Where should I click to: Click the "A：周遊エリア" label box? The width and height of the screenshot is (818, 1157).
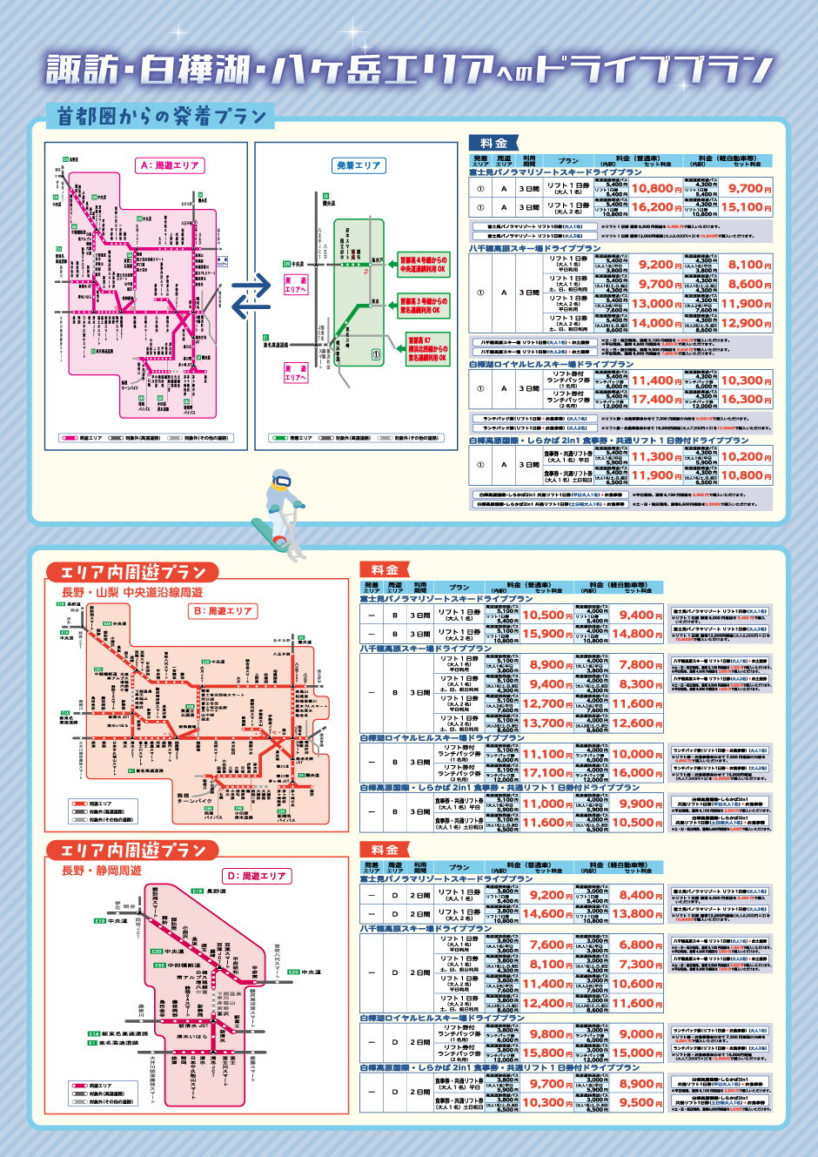pos(170,165)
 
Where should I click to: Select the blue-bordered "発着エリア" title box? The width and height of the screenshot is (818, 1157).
pos(359,165)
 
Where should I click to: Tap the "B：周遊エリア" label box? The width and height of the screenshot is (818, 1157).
pos(223,611)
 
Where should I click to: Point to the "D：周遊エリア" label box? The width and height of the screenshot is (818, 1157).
pos(257,876)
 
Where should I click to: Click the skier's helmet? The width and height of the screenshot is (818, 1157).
pos(281,481)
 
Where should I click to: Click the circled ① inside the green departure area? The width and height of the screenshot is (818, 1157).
pos(376,354)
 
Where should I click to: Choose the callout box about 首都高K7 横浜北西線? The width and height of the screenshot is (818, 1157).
pos(427,348)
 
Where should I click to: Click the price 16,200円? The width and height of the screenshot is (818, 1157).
pos(656,207)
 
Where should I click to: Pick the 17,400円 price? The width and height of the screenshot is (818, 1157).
pos(656,400)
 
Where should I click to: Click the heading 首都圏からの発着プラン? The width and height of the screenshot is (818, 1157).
pos(161,116)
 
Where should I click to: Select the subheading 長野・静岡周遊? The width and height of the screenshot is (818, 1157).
pos(101,871)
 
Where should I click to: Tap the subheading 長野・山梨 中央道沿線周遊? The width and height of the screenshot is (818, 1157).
pos(132,592)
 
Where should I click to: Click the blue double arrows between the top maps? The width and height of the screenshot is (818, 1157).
pos(251,296)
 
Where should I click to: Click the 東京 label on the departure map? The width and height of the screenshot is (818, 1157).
pos(375,301)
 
